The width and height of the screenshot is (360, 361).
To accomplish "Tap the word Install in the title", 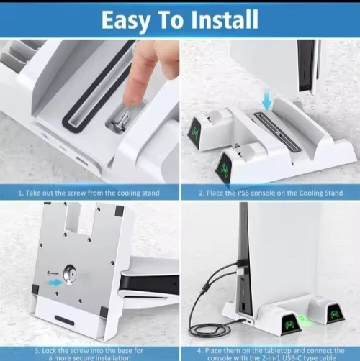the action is click(224, 19).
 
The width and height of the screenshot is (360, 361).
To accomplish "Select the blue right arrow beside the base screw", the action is click(55, 283).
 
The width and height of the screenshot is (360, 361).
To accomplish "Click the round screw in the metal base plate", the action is click(70, 274).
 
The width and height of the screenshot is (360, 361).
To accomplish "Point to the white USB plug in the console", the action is click(240, 272).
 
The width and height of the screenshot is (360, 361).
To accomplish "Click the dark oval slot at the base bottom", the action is click(64, 320).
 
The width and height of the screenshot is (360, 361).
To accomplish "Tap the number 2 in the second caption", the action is click(201, 193).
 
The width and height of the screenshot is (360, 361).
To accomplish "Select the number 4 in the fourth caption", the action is click(199, 351).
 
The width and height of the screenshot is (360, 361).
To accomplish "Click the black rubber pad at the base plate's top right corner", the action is click(120, 210).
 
